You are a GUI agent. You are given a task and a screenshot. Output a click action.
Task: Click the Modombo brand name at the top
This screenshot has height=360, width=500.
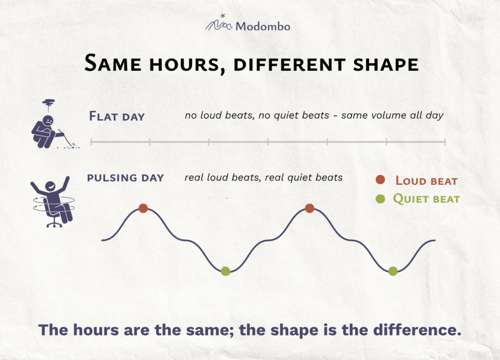pyautogui.click(x=263, y=26)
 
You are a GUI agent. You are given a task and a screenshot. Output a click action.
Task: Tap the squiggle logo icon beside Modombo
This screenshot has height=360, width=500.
pyautogui.click(x=219, y=22)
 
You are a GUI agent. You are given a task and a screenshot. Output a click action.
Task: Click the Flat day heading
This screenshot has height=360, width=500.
pyautogui.click(x=117, y=116)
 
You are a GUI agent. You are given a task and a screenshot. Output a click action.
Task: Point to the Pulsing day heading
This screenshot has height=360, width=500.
pyautogui.click(x=125, y=178)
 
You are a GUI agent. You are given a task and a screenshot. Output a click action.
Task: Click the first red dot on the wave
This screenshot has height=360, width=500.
pyautogui.click(x=143, y=208)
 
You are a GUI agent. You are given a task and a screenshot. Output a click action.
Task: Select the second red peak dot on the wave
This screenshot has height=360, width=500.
pyautogui.click(x=309, y=208)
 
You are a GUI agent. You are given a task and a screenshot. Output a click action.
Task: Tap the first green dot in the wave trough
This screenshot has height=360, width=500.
pyautogui.click(x=226, y=271)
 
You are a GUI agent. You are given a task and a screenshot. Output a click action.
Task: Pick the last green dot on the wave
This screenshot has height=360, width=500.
pyautogui.click(x=393, y=271)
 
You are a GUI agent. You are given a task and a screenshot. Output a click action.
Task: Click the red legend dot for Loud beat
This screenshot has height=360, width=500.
pyautogui.click(x=380, y=180)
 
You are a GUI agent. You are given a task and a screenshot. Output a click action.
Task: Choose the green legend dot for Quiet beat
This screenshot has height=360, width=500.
pyautogui.click(x=380, y=199)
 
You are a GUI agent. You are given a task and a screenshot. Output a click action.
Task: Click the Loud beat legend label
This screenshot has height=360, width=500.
pyautogui.click(x=426, y=181)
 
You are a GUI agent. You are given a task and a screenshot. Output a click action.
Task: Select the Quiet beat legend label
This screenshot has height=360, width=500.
pyautogui.click(x=426, y=199)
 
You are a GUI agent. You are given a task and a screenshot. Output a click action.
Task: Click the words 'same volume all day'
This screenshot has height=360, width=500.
pyautogui.click(x=392, y=115)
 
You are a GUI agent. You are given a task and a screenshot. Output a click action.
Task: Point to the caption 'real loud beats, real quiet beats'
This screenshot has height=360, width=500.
pyautogui.click(x=263, y=178)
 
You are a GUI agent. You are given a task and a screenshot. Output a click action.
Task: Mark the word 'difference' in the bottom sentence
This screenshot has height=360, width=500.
pyautogui.click(x=417, y=330)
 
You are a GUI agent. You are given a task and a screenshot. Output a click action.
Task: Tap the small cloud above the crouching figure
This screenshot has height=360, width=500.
pyautogui.click(x=48, y=103)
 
